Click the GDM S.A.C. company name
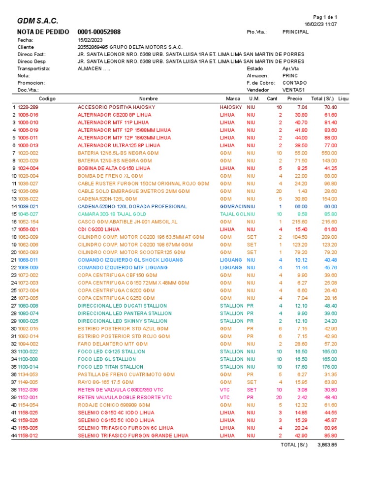(37, 21)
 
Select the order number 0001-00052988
(99, 32)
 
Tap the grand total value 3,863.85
(327, 444)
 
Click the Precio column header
(294, 98)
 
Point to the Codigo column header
(47, 98)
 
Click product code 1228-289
(28, 107)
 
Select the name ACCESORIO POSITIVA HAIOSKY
(116, 107)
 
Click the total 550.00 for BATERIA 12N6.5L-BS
(329, 153)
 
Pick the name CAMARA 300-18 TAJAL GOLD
(112, 214)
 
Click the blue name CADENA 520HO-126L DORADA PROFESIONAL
(132, 207)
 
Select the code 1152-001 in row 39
(28, 397)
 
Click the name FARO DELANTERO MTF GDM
(113, 344)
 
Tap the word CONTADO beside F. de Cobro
(294, 83)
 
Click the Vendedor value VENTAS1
(294, 90)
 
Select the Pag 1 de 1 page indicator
(325, 17)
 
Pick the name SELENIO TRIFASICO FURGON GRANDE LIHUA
(133, 436)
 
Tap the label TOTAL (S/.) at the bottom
(293, 444)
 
